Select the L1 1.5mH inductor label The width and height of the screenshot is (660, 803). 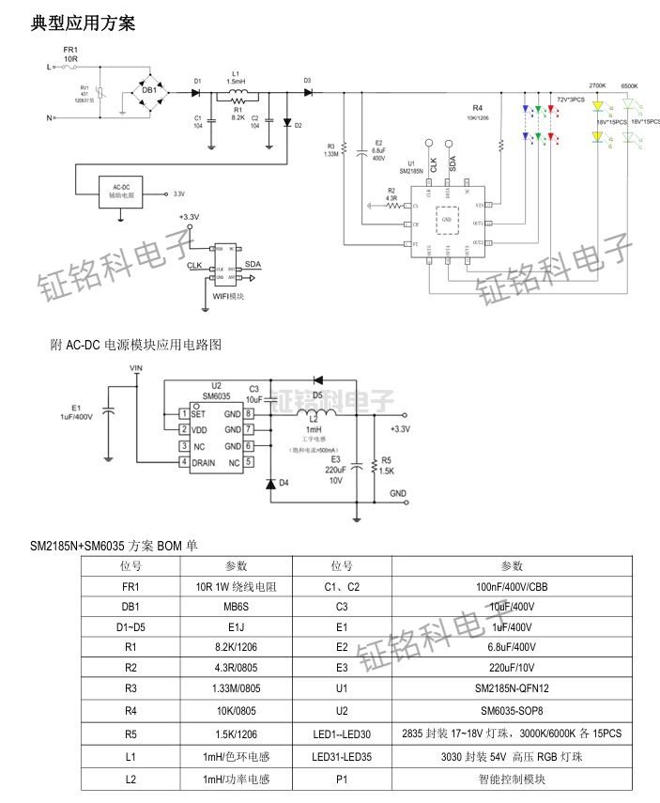tap(236, 77)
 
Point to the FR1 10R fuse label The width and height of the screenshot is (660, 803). tap(70, 54)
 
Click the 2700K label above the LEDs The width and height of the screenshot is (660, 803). tap(597, 86)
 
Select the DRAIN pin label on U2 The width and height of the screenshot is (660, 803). tap(204, 463)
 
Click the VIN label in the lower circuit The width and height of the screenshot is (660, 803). tap(136, 368)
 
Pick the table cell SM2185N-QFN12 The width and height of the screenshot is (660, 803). tap(512, 688)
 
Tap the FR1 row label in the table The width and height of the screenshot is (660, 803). tap(130, 586)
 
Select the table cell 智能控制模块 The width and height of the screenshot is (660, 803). tap(512, 780)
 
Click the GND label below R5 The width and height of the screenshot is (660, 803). tap(398, 493)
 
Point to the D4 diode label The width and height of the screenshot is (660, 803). tap(284, 483)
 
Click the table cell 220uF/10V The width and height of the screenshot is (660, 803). tap(512, 668)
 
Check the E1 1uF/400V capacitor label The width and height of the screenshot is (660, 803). tap(76, 411)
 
